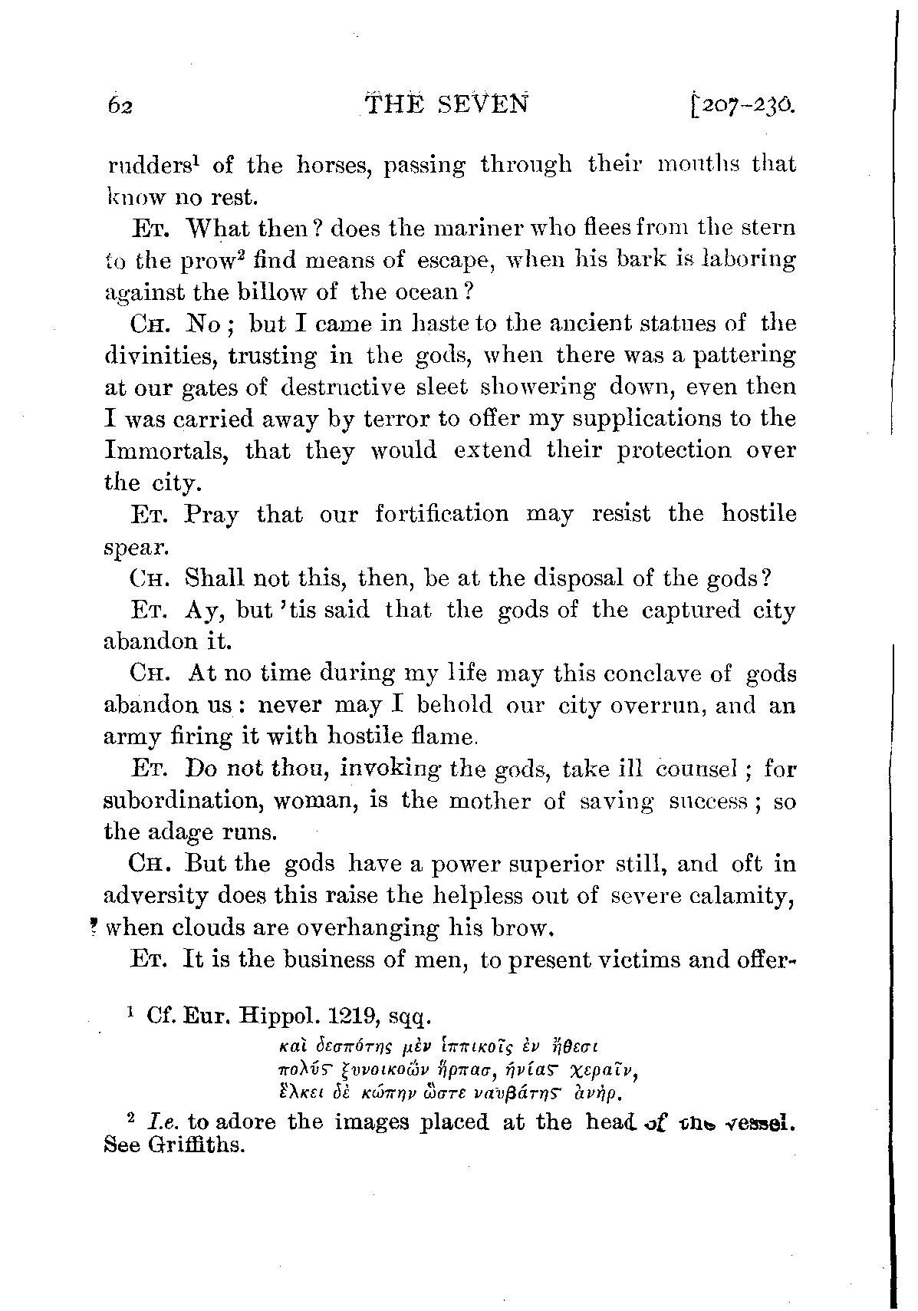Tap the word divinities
156,356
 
